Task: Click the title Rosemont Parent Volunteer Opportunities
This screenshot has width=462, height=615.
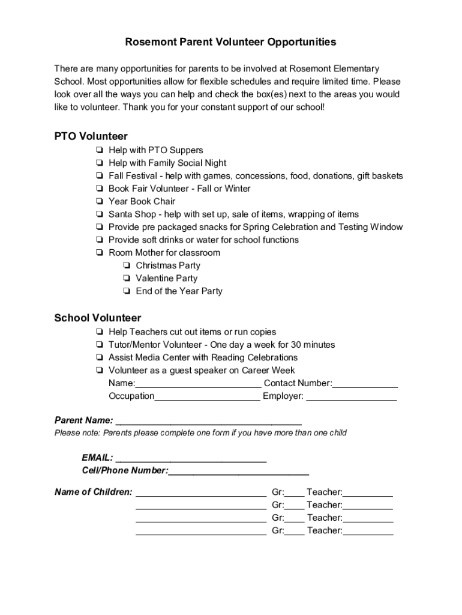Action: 230,42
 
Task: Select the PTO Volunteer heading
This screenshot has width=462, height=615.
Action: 91,136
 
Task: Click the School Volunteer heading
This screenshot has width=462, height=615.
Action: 98,318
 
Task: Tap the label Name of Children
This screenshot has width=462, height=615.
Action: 93,492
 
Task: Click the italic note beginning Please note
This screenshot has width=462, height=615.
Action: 200,433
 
